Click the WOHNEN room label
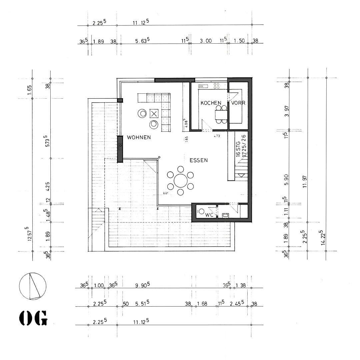pyautogui.click(x=139, y=137)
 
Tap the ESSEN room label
pyautogui.click(x=199, y=160)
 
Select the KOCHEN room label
pyautogui.click(x=211, y=103)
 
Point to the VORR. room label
pyautogui.click(x=239, y=103)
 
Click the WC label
pyautogui.click(x=209, y=215)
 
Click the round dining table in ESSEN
pyautogui.click(x=180, y=181)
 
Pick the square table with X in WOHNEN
pyautogui.click(x=154, y=113)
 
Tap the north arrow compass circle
pyautogui.click(x=33, y=286)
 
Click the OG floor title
pyautogui.click(x=33, y=318)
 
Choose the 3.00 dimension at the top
pyautogui.click(x=206, y=41)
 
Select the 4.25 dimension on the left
pyautogui.click(x=47, y=186)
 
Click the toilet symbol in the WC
pyautogui.click(x=201, y=212)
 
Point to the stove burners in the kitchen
pyautogui.click(x=216, y=86)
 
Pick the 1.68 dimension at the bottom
pyautogui.click(x=202, y=304)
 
